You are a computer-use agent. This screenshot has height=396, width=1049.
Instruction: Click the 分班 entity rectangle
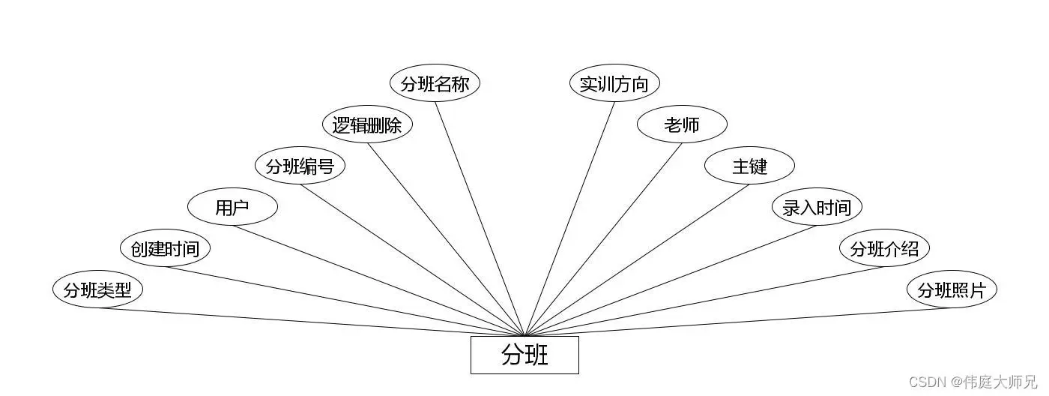point(524,355)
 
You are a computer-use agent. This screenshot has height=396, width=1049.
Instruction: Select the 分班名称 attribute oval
point(435,83)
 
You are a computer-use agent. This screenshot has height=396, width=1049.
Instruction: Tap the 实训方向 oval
point(614,83)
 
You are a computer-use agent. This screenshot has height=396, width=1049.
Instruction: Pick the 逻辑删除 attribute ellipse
point(367,124)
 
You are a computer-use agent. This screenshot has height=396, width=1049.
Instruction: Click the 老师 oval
point(682,124)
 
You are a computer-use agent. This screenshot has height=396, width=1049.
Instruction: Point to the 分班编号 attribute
point(300,166)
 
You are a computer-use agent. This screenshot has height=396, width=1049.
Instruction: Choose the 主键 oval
point(749,166)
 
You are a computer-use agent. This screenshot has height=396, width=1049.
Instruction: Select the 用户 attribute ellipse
point(232,208)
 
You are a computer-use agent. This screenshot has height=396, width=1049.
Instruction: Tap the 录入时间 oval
point(817,208)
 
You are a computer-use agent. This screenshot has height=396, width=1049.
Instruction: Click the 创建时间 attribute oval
point(165,249)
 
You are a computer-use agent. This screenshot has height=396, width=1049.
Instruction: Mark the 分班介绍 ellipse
point(884,249)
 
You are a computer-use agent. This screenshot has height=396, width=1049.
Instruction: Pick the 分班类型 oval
point(97,290)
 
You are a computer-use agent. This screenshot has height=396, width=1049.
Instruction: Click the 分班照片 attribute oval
point(952,290)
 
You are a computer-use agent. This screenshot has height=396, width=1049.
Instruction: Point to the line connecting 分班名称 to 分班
point(480,218)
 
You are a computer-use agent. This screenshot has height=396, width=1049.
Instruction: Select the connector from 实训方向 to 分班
point(569,218)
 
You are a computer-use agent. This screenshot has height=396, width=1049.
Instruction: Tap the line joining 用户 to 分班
point(378,280)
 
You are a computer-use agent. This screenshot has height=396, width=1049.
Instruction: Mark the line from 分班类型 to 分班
point(311,322)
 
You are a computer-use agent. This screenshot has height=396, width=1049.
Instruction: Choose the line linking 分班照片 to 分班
point(738,322)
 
